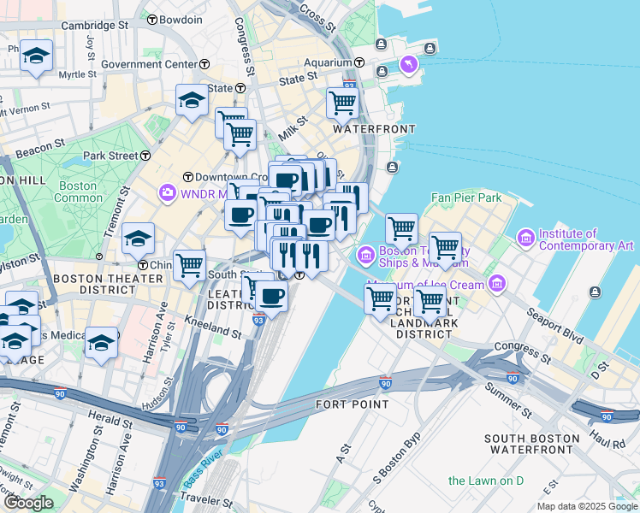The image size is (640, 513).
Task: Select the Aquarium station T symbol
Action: coord(359,62)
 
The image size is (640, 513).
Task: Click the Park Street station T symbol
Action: coord(145,156)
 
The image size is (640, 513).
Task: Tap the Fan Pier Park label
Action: coord(465,198)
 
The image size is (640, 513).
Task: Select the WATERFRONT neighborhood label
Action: coord(374,129)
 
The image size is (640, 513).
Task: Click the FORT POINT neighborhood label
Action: coord(347,404)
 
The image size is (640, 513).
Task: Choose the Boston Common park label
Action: coord(77,192)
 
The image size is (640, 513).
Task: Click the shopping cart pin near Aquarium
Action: coord(342,103)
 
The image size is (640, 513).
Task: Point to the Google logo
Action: coord(29,503)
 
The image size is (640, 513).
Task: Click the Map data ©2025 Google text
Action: coord(587,506)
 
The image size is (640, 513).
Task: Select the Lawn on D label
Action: coord(486,481)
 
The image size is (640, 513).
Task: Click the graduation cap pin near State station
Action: coord(193,100)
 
